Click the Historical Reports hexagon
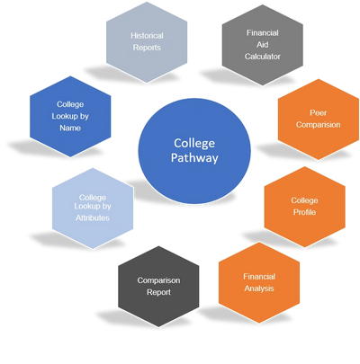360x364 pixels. pyautogui.click(x=147, y=42)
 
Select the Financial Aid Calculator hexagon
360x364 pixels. pyautogui.click(x=263, y=45)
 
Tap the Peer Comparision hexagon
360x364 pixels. pyautogui.click(x=319, y=120)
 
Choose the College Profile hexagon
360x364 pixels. pyautogui.click(x=304, y=207)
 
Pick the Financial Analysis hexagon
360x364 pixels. pyautogui.click(x=259, y=283)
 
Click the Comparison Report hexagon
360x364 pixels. pyautogui.click(x=158, y=287)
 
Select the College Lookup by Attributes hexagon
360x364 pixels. pyautogui.click(x=93, y=209)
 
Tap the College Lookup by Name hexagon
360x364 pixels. pyautogui.click(x=70, y=116)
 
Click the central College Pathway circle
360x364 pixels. pyautogui.click(x=194, y=151)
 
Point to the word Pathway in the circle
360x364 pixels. pyautogui.click(x=194, y=158)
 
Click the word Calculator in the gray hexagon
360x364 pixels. pyautogui.click(x=263, y=57)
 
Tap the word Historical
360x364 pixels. pyautogui.click(x=147, y=36)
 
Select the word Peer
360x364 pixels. pyautogui.click(x=319, y=113)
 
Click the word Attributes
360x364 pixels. pyautogui.click(x=93, y=218)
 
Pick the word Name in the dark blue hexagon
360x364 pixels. pyautogui.click(x=70, y=128)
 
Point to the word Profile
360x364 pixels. pyautogui.click(x=304, y=212)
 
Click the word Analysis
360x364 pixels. pyautogui.click(x=259, y=289)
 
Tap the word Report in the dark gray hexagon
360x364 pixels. pyautogui.click(x=158, y=292)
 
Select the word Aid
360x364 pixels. pyautogui.click(x=263, y=45)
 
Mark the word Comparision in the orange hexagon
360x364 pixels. pyautogui.click(x=319, y=125)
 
